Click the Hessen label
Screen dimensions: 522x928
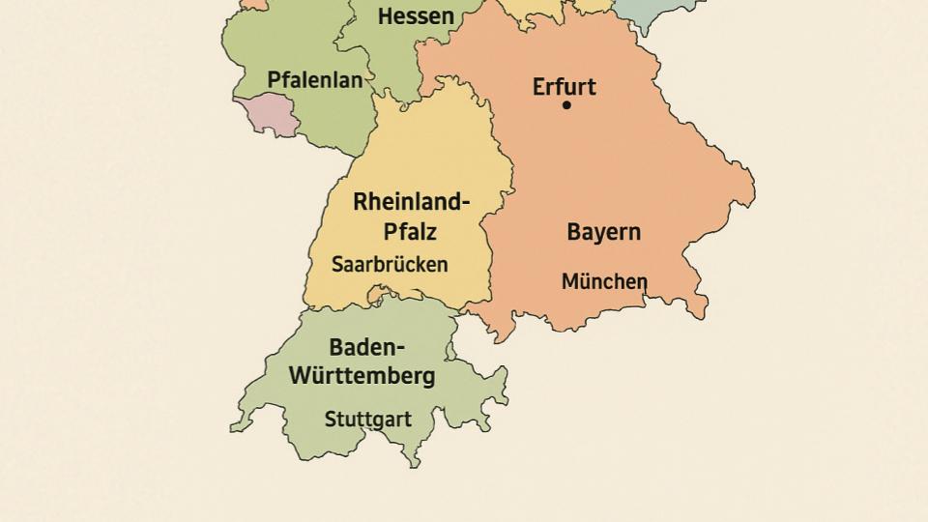click(x=416, y=16)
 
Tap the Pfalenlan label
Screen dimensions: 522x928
click(x=315, y=80)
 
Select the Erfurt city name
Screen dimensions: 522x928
click(x=565, y=86)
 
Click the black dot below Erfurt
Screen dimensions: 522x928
click(x=566, y=105)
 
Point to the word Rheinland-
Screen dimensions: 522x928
click(x=411, y=202)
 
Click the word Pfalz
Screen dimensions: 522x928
click(x=410, y=232)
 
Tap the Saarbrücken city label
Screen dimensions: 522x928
click(x=390, y=264)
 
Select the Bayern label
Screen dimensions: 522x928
click(x=603, y=232)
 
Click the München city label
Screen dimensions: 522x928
click(x=604, y=281)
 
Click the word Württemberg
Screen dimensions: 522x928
click(x=362, y=376)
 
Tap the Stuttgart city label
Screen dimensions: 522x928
click(x=367, y=420)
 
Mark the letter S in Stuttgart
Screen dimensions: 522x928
click(x=331, y=420)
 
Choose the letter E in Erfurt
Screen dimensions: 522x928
click(x=539, y=86)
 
